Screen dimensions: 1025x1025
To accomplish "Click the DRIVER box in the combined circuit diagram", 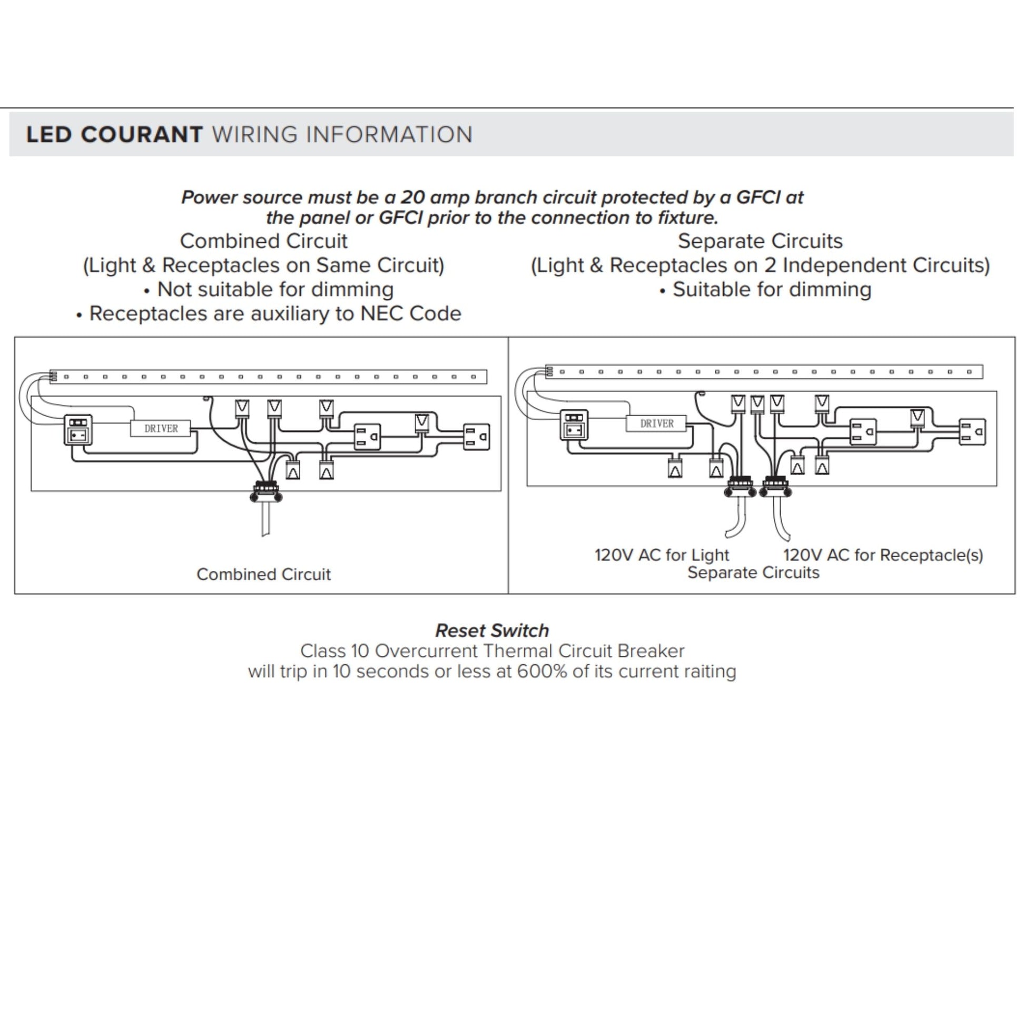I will [160, 428].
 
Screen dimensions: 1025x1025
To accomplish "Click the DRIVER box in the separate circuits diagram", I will [656, 423].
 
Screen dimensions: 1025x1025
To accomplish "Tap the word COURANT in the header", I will [142, 135].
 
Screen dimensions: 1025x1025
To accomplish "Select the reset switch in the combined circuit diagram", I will [78, 430].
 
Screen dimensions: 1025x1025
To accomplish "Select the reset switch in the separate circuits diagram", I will [574, 425].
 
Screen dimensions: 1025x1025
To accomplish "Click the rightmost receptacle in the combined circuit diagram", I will [477, 437].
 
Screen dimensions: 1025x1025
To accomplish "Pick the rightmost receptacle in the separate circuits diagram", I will [972, 432].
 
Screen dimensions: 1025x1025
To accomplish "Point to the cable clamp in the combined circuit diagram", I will [266, 492].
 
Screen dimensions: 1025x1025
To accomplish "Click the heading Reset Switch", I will [492, 630].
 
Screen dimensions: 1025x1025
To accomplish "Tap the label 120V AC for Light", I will [662, 555].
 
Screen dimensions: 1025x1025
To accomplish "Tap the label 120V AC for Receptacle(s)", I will [883, 555].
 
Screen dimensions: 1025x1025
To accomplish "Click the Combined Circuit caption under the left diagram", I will [263, 574].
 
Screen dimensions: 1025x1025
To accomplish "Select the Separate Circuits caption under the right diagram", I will [753, 573].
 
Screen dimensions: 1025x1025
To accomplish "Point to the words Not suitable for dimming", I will [275, 289].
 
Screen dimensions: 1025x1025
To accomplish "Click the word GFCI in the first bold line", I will [758, 198].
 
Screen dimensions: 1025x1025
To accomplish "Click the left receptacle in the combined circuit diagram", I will [367, 437].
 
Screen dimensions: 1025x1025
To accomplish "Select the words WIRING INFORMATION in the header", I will [342, 135].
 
